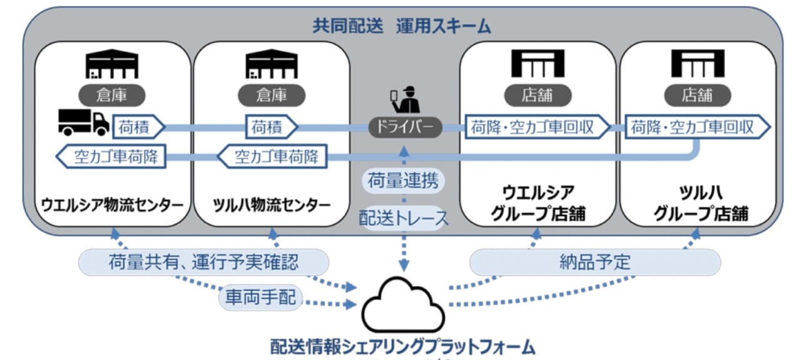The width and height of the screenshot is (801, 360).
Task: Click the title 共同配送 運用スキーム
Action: click(x=402, y=26)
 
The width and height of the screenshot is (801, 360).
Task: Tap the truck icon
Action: click(x=83, y=121)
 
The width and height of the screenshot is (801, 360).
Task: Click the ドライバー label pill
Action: click(x=405, y=128)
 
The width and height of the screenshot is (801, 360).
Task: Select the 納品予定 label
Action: click(x=594, y=262)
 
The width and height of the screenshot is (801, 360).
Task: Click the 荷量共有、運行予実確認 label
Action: click(x=203, y=262)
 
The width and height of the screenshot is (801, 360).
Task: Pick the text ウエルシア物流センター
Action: click(x=113, y=205)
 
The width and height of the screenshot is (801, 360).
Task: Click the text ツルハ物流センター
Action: click(x=272, y=205)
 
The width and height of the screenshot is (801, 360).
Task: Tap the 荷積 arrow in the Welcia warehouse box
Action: click(x=137, y=128)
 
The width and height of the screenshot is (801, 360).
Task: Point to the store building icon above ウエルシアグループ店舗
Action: click(x=538, y=63)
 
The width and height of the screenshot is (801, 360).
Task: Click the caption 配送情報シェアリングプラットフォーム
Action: click(x=403, y=346)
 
